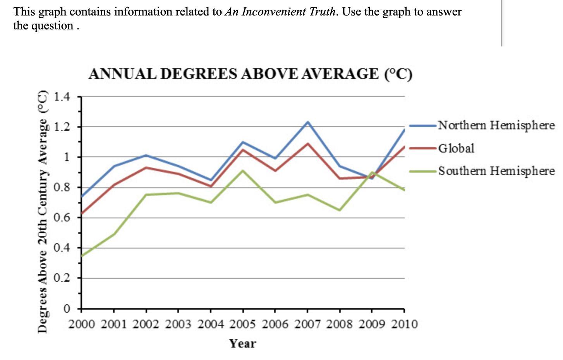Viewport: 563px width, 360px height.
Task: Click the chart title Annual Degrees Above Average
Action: tap(250, 74)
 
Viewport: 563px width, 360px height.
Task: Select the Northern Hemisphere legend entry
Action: tap(496, 125)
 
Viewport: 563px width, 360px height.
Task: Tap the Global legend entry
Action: tap(456, 148)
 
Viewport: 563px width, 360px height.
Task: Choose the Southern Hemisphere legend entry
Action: tap(496, 171)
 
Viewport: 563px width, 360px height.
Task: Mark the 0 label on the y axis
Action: tap(67, 309)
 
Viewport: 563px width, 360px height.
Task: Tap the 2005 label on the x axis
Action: tap(243, 324)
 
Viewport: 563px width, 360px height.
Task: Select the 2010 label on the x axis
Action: tap(404, 324)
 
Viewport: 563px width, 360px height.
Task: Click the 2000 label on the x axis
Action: tap(82, 324)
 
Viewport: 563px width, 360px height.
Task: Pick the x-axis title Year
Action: tap(243, 343)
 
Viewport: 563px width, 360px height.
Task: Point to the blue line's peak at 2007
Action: tap(307, 122)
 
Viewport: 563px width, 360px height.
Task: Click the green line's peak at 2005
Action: tap(243, 171)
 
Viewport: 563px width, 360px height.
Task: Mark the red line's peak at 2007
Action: tap(307, 144)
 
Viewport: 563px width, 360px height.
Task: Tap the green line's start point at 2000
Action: tap(82, 255)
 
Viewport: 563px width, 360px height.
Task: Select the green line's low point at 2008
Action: tap(340, 210)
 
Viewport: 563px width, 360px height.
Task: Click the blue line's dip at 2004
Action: tap(210, 180)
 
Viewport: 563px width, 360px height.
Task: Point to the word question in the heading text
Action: tap(55, 26)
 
